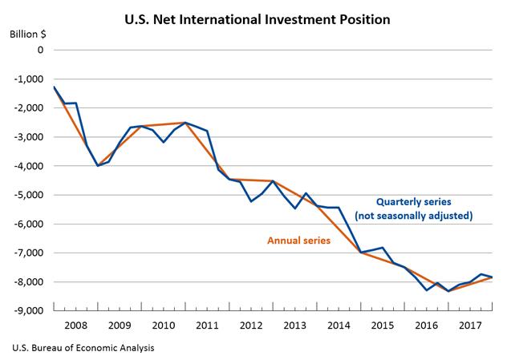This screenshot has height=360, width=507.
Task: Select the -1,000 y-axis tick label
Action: [30, 79]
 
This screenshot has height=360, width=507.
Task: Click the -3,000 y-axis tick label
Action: [30, 137]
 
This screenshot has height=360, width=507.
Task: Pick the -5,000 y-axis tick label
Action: [30, 195]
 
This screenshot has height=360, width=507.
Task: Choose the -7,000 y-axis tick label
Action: [30, 253]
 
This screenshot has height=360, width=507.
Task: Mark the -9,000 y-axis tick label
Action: [30, 310]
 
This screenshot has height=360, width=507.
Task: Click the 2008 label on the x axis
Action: [75, 326]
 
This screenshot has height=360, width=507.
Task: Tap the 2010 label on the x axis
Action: [163, 326]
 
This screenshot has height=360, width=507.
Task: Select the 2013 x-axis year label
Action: [294, 326]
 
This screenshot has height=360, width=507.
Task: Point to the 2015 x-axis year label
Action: [383, 326]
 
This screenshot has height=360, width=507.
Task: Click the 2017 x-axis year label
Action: [470, 326]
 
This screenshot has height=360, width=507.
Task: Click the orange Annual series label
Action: [294, 240]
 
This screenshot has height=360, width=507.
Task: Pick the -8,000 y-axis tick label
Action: [30, 281]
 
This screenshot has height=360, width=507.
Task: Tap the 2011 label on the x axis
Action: [207, 326]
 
